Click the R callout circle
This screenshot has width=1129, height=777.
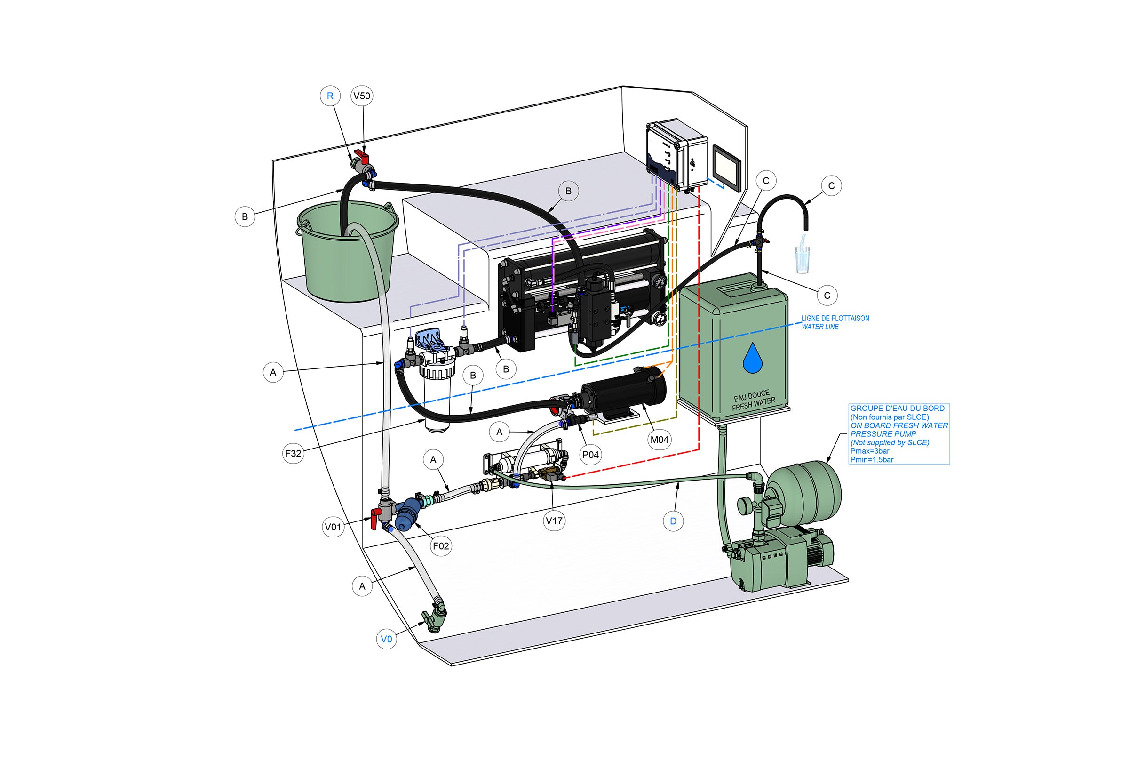(x=330, y=96)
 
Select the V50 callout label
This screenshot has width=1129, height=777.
(x=362, y=96)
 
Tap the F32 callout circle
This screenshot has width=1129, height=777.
(x=293, y=453)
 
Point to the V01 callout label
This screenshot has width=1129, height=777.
(x=334, y=527)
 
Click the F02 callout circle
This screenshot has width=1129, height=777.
(x=441, y=546)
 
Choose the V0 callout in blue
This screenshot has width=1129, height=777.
(x=386, y=639)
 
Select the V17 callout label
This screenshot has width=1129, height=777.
(x=554, y=521)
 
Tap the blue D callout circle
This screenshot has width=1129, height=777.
(x=673, y=521)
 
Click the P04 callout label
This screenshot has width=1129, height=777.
(x=590, y=455)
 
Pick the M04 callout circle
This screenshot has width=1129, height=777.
(x=660, y=440)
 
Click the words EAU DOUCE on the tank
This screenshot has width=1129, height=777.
(x=751, y=395)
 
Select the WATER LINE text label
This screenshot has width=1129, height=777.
(x=820, y=327)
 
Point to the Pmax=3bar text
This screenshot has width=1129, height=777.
(x=870, y=451)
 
